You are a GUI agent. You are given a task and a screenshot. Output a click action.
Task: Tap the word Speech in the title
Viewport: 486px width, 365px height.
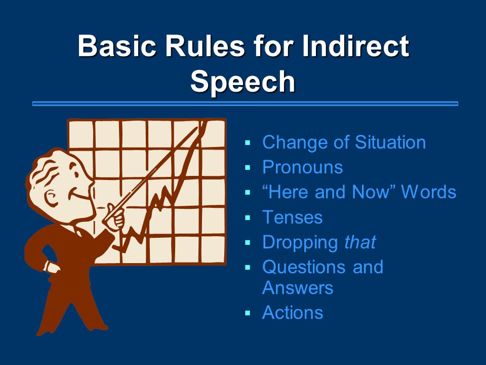(242, 81)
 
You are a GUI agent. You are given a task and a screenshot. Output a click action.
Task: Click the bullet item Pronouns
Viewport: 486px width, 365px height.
(303, 167)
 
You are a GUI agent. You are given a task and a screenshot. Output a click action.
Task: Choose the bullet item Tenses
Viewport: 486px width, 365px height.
(292, 217)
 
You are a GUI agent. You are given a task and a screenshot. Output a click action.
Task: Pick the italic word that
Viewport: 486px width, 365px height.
(360, 242)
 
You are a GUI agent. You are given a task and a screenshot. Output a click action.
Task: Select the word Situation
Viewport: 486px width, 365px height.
(390, 142)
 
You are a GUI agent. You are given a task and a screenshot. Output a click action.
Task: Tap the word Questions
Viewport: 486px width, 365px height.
(304, 267)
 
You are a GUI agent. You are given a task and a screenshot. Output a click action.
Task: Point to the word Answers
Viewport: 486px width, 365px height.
(298, 287)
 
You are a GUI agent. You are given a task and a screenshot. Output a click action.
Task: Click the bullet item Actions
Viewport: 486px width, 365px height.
(293, 312)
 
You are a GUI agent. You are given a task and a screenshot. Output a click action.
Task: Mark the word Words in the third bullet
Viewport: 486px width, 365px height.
(428, 192)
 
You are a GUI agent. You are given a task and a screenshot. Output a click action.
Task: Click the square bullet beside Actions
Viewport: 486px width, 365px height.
(248, 313)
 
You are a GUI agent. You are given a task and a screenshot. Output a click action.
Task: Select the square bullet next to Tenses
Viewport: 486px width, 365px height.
(248, 217)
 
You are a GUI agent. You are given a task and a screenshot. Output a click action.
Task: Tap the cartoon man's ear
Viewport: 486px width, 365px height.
(51, 197)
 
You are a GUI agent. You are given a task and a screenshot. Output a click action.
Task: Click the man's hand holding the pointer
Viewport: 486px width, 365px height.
(115, 216)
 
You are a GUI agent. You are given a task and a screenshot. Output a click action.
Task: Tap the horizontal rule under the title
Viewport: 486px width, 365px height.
(245, 103)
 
